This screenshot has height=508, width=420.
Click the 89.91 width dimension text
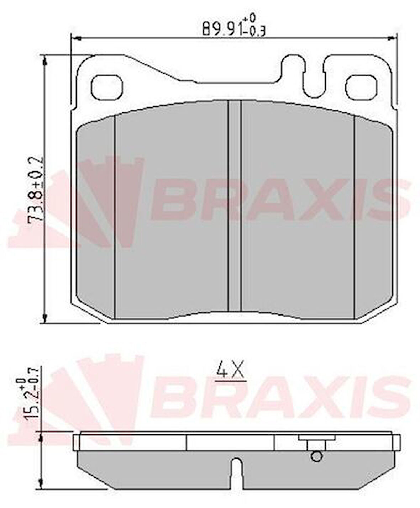click(234, 26)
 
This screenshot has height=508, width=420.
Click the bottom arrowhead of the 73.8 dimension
click(44, 317)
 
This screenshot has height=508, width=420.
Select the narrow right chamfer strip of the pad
click(373, 217)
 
